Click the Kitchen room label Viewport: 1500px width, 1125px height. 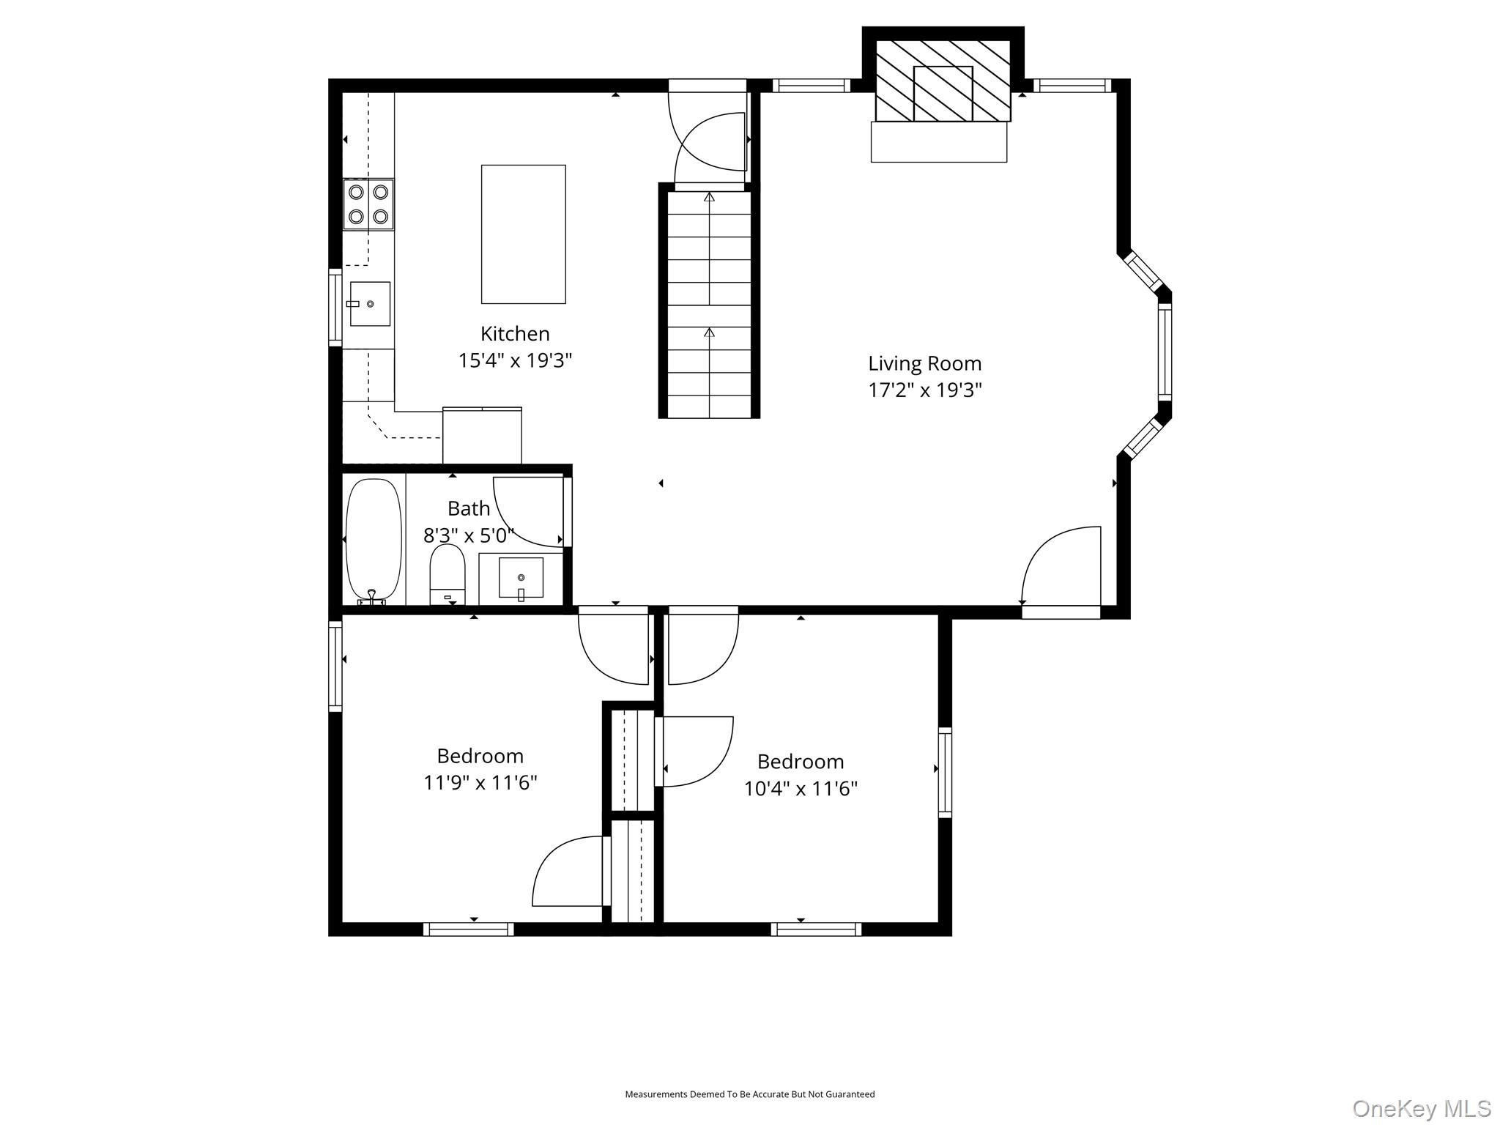[515, 334]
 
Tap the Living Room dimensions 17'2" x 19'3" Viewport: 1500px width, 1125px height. [924, 390]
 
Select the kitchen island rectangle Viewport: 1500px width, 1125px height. [523, 234]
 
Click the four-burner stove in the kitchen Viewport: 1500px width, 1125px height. [368, 204]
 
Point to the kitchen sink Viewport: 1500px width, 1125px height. [370, 303]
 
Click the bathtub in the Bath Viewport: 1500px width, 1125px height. [374, 541]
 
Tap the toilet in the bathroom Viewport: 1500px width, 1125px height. [448, 574]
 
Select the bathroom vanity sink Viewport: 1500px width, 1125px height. [521, 579]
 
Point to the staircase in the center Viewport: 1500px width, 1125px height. [709, 301]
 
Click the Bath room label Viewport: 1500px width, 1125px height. [469, 508]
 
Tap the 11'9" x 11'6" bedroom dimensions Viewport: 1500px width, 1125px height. [480, 783]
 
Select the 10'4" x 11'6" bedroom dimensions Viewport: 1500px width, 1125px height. [801, 789]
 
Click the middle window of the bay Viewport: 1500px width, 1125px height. [1165, 352]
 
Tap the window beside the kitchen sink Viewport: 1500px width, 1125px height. [335, 308]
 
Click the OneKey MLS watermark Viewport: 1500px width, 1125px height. [1421, 1108]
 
